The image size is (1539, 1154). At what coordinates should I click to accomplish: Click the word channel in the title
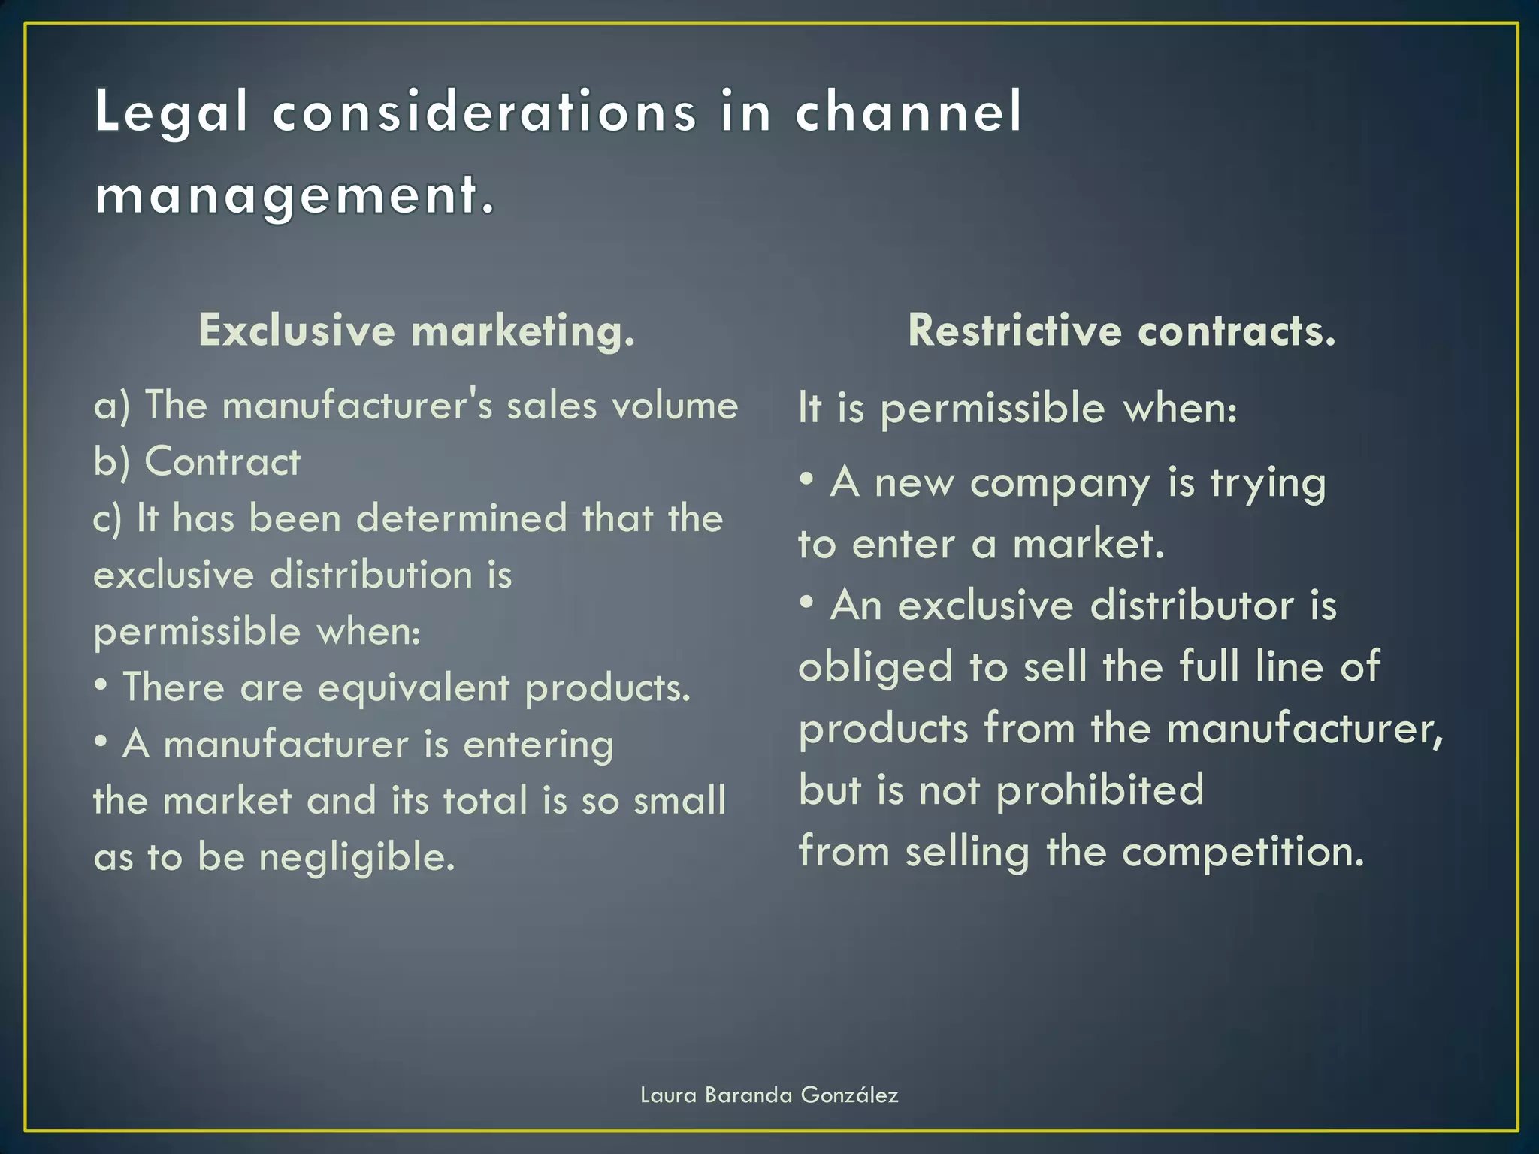(x=909, y=113)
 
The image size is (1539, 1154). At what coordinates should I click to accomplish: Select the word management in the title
(x=286, y=195)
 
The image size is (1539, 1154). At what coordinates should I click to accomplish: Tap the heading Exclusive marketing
(x=416, y=331)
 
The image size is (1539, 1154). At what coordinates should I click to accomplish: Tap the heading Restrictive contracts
(x=1121, y=331)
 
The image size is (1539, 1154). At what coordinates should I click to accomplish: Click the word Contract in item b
(x=222, y=461)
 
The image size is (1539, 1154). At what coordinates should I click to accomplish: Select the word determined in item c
(x=461, y=518)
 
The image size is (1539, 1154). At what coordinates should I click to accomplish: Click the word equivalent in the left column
(x=413, y=688)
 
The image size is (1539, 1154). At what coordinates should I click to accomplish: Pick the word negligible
(x=357, y=857)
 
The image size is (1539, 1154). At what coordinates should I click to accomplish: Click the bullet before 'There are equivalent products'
(x=101, y=684)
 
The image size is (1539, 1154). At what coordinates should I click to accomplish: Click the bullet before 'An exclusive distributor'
(x=807, y=601)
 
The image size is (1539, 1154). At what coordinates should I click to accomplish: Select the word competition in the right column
(x=1243, y=853)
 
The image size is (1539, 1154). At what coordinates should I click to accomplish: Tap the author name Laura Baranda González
(x=769, y=1095)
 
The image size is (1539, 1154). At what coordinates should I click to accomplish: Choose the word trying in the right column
(x=1268, y=483)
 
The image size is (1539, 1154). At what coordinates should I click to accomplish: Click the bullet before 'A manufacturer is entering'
(x=101, y=742)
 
